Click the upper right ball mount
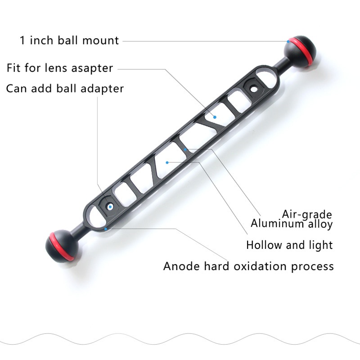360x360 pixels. pos(300,52)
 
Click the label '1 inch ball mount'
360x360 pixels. pos(69,40)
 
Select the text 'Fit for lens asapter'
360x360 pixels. pos(60,68)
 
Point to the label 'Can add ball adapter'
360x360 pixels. pos(65,89)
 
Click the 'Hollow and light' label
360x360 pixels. pos(289,245)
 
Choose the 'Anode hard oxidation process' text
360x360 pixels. pos(248,266)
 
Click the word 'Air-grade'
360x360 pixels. pos(307,215)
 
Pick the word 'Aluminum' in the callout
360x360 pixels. pos(277,223)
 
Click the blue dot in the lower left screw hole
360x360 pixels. pos(110,207)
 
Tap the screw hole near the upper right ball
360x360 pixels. pos(253,88)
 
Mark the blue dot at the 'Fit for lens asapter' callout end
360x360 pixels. pos(215,117)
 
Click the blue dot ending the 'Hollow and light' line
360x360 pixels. pos(167,162)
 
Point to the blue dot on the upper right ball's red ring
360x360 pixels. pos(288,41)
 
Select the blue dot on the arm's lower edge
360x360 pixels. pos(106,229)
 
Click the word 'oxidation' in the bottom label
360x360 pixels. pos(260,266)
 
